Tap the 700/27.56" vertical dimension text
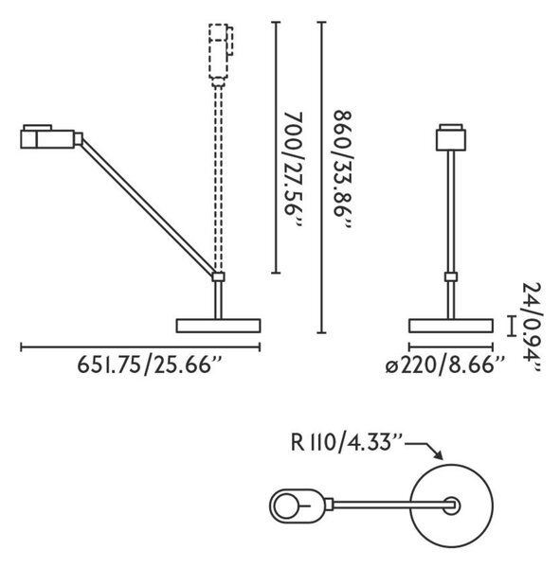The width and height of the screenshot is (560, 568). pyautogui.click(x=293, y=169)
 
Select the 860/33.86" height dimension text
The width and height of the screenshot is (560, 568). pyautogui.click(x=343, y=169)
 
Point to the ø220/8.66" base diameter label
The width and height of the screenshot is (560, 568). pyautogui.click(x=444, y=364)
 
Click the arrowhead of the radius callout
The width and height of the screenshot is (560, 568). pyautogui.click(x=438, y=455)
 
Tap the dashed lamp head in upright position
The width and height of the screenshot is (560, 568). pyautogui.click(x=221, y=55)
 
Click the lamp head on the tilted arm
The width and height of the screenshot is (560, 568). pyautogui.click(x=51, y=136)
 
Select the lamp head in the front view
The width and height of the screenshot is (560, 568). pyautogui.click(x=450, y=137)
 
